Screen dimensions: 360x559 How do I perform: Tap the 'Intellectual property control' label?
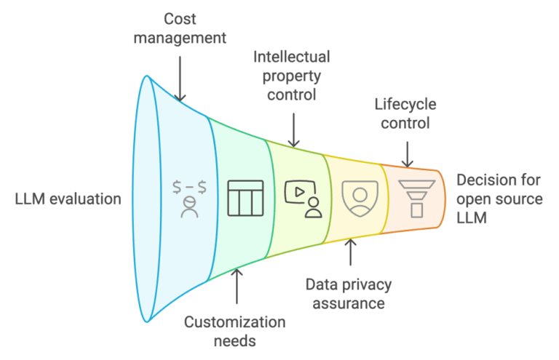click(292, 76)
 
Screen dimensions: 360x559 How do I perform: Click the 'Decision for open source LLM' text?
click(499, 198)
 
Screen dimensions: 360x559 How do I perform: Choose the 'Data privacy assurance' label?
click(349, 293)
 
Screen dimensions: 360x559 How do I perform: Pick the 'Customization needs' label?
click(235, 330)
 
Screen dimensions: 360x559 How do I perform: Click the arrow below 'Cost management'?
click(180, 73)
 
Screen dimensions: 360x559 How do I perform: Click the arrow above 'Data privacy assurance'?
click(350, 252)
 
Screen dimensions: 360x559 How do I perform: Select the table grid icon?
click(246, 198)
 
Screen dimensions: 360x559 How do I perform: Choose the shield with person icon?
click(359, 198)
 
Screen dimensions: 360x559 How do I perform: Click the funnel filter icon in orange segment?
click(416, 198)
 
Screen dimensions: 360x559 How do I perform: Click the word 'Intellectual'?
click(292, 57)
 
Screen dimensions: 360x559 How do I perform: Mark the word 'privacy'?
click(363, 284)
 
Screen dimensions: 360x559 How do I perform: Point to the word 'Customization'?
click(235, 321)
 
